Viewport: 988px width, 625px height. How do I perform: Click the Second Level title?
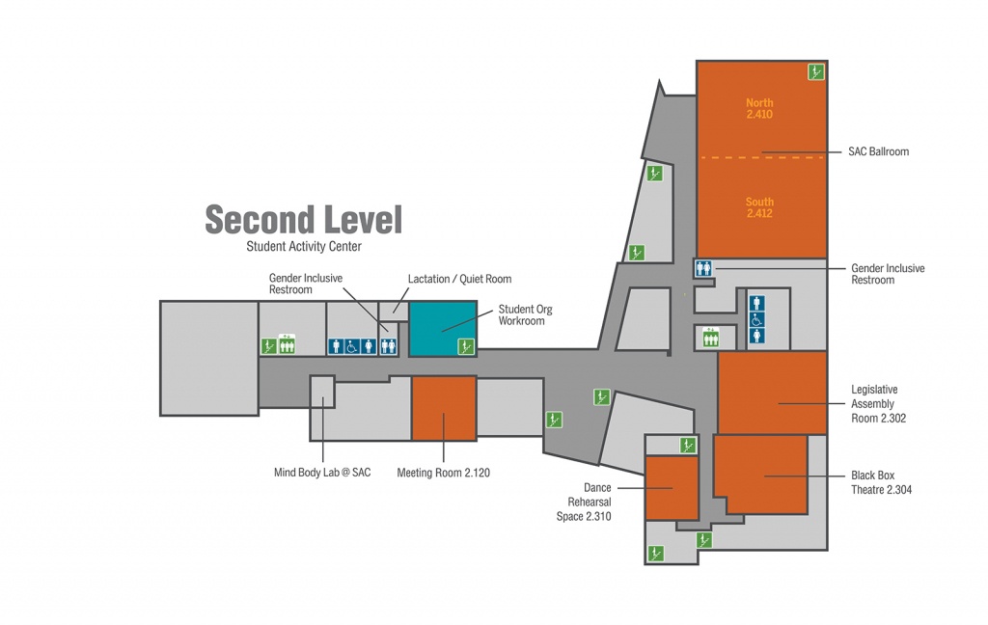coord(304,219)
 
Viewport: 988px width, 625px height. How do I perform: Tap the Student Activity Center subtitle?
coord(304,246)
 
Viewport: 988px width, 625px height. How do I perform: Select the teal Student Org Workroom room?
coord(443,329)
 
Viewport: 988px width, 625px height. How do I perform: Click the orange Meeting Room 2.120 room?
coord(444,408)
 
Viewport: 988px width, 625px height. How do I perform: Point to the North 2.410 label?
coord(759,108)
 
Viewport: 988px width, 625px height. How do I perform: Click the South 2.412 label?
coord(759,207)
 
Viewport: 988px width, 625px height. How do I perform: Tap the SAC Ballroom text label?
coord(878,151)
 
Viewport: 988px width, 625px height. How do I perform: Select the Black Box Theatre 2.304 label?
coord(881,482)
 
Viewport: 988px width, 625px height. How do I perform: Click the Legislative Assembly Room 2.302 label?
coord(878,404)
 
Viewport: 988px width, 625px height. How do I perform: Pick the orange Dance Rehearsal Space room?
coord(672,488)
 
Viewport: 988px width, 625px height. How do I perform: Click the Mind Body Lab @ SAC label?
coord(322,473)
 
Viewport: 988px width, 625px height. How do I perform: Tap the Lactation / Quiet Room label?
coord(459,279)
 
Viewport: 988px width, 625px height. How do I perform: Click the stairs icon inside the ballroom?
coord(816,71)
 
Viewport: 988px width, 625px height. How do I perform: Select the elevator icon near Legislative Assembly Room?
coord(711,337)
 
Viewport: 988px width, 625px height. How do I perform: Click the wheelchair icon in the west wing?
coord(352,346)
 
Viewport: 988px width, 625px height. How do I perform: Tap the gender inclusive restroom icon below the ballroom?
coord(703,268)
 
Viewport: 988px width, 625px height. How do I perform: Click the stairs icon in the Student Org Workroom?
coord(466,346)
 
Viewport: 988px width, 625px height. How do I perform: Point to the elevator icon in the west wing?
coord(287,344)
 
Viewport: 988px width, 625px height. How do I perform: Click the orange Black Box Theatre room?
coord(761,474)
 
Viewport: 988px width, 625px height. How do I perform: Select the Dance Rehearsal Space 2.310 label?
coord(584,503)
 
